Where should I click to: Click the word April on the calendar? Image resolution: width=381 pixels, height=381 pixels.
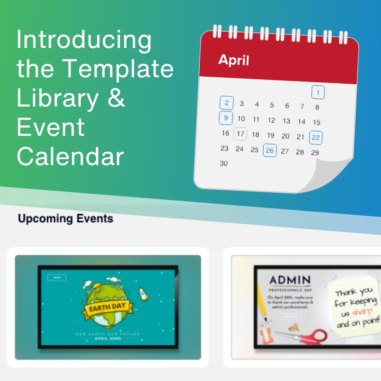point(234,60)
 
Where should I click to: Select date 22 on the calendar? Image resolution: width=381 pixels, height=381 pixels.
point(316,138)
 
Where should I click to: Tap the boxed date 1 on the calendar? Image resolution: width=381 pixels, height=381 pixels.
point(318,93)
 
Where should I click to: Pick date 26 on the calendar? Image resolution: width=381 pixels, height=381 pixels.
point(270,151)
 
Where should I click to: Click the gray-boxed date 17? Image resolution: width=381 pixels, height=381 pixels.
point(241,134)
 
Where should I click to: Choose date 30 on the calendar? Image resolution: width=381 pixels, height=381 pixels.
point(224,163)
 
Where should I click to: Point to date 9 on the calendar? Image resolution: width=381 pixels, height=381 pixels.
point(226,118)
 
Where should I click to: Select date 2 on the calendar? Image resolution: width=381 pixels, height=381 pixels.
point(226,103)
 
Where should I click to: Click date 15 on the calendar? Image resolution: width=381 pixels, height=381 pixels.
point(316,122)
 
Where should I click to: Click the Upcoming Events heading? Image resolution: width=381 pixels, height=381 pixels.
point(66,219)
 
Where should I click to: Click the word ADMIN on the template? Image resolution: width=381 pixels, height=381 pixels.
point(290,281)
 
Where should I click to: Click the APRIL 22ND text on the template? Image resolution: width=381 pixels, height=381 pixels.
point(108,339)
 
